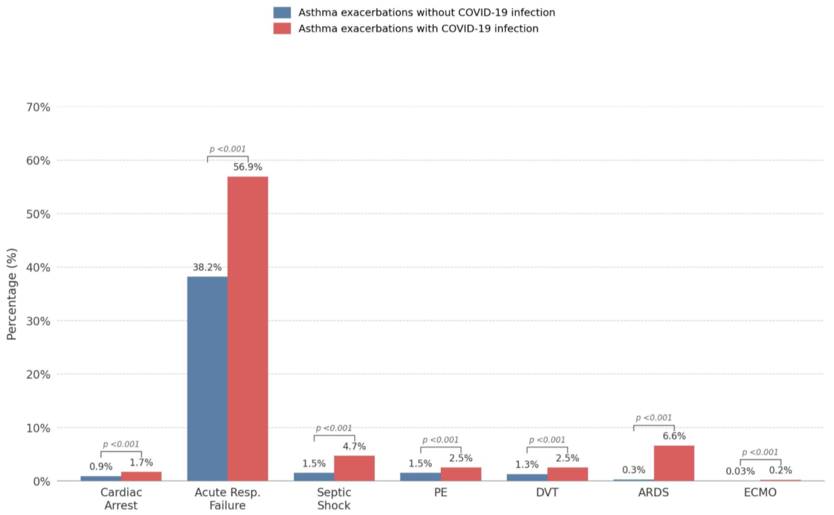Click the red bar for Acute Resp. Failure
[x=248, y=329]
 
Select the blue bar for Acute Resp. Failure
[x=207, y=379]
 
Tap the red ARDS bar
[x=674, y=463]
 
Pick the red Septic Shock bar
[x=354, y=468]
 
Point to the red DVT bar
[x=567, y=474]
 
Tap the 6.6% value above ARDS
[x=674, y=436]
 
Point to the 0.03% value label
[x=740, y=471]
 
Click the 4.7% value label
[x=354, y=446]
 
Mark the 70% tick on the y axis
[x=38, y=108]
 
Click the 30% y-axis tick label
[x=38, y=321]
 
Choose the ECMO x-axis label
[x=760, y=493]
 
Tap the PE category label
[x=441, y=493]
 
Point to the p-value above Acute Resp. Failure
[x=227, y=149]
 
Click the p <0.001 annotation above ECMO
[x=760, y=452]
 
